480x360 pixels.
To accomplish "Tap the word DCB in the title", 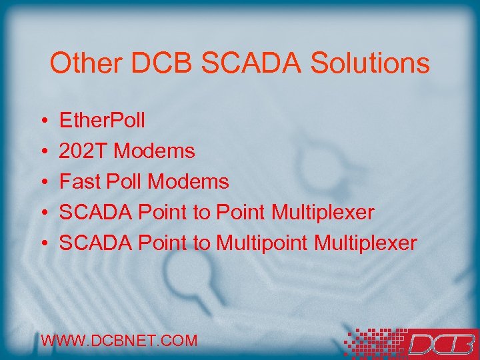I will point(161,64).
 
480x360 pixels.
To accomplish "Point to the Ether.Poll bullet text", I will point(102,121).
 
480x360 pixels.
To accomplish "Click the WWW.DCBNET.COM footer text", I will point(119,341).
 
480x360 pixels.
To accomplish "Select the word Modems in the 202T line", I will point(155,151).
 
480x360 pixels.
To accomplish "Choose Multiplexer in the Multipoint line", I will point(365,243).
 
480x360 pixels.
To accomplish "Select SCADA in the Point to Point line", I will point(95,213).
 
